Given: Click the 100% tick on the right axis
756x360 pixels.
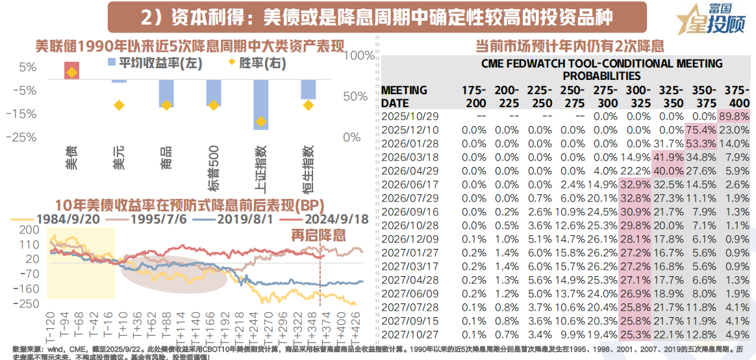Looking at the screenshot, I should pyautogui.click(x=355, y=56).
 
